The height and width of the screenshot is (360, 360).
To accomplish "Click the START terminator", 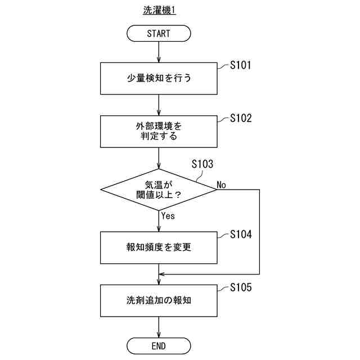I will [159, 34].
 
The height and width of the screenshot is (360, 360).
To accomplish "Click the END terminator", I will [159, 345].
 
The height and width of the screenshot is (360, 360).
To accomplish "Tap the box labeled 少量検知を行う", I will [159, 78].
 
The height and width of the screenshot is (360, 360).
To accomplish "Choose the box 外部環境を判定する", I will [159, 132].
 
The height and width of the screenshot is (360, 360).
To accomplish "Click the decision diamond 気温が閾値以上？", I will [159, 190].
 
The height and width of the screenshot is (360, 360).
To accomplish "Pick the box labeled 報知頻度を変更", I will [159, 246].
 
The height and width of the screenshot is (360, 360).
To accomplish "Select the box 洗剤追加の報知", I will [159, 300].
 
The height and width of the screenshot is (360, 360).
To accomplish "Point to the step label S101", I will [241, 65].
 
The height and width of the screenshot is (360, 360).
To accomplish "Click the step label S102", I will [241, 119].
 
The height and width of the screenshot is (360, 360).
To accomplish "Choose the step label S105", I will [241, 287].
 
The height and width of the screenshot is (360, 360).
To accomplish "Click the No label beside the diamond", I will [222, 184].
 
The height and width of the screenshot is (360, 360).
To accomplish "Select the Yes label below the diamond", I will [168, 215].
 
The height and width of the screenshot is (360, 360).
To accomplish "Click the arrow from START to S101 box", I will [159, 52].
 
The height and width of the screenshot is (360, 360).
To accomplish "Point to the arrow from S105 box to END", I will [159, 327].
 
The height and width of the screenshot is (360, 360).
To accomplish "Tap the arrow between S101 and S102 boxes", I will [159, 105].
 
